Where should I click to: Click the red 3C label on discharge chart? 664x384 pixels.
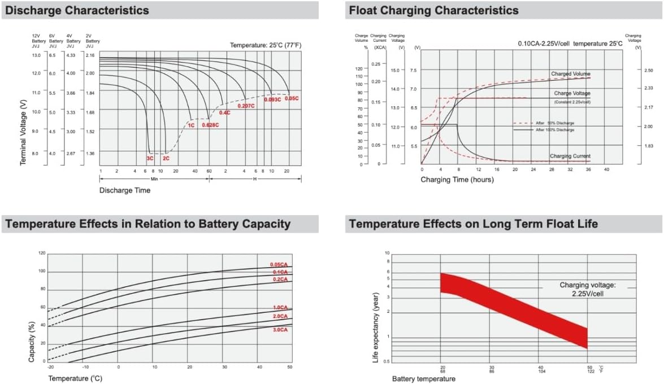[150, 159]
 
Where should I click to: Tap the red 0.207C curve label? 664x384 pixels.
[246, 106]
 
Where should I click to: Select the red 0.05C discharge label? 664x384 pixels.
[292, 98]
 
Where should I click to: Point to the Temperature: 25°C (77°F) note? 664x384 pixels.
[266, 44]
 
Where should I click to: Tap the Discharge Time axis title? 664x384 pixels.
[125, 190]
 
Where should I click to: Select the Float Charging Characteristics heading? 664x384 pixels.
[433, 10]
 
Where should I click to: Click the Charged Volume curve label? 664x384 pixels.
[570, 74]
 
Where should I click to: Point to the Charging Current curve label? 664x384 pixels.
[570, 156]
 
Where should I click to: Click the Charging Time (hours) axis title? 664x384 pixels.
[457, 180]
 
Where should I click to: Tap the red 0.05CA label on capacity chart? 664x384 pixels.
[279, 265]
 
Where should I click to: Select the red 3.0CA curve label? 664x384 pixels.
[280, 329]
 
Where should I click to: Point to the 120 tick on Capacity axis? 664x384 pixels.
[42, 253]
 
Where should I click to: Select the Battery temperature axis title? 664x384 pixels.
[423, 379]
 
